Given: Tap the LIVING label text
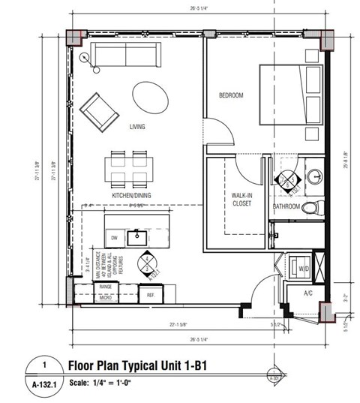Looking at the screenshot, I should tap(137, 127).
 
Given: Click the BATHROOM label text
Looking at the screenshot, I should tap(286, 206).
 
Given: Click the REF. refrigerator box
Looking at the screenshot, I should tap(151, 295).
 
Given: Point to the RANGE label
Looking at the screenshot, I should tap(106, 287).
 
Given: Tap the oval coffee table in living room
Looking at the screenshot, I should tap(151, 96).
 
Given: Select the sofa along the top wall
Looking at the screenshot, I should tap(124, 56).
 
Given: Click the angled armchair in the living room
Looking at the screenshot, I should tap(98, 111).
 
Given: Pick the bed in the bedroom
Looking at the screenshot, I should tap(290, 96).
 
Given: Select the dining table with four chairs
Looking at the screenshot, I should tap(130, 168).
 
